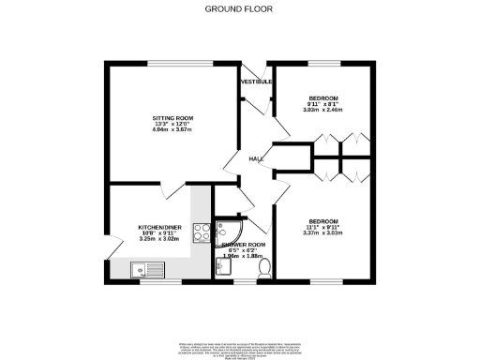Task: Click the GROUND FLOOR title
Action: pos(240,8)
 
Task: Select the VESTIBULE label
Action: pos(256,82)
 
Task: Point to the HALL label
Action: pos(255,159)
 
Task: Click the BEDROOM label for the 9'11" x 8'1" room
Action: pos(322,98)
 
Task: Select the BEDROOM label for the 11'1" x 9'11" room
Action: pos(322,221)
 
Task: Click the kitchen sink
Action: pos(147,271)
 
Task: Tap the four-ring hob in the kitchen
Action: pos(201,232)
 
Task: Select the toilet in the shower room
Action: pos(263,268)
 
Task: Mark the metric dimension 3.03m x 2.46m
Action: pos(322,111)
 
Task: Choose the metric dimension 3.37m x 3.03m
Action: pos(322,233)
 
